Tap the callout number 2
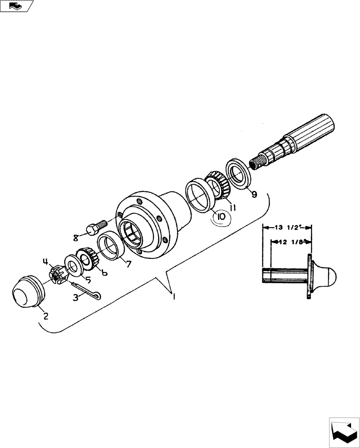[46, 315]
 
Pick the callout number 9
[254, 194]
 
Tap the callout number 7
[128, 264]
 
